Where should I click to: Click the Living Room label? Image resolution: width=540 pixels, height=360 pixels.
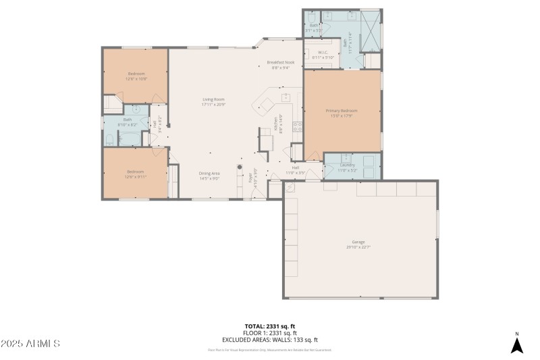pyautogui.click(x=213, y=99)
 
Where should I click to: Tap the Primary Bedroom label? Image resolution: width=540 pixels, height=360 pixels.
pyautogui.click(x=342, y=111)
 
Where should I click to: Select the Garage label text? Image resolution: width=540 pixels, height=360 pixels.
pyautogui.click(x=358, y=242)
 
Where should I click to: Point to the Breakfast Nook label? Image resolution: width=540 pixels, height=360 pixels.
pyautogui.click(x=280, y=63)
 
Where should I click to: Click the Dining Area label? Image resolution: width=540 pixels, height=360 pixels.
pyautogui.click(x=209, y=174)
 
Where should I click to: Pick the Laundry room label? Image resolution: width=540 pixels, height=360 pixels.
pyautogui.click(x=348, y=165)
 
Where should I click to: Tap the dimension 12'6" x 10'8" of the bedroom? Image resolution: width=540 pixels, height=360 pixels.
pyautogui.click(x=136, y=79)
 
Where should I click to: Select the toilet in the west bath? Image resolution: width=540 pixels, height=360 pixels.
pyautogui.click(x=109, y=140)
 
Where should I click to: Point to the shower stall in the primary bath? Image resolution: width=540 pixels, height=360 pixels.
pyautogui.click(x=370, y=32)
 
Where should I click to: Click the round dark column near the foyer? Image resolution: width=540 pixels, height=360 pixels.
pyautogui.click(x=239, y=167)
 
